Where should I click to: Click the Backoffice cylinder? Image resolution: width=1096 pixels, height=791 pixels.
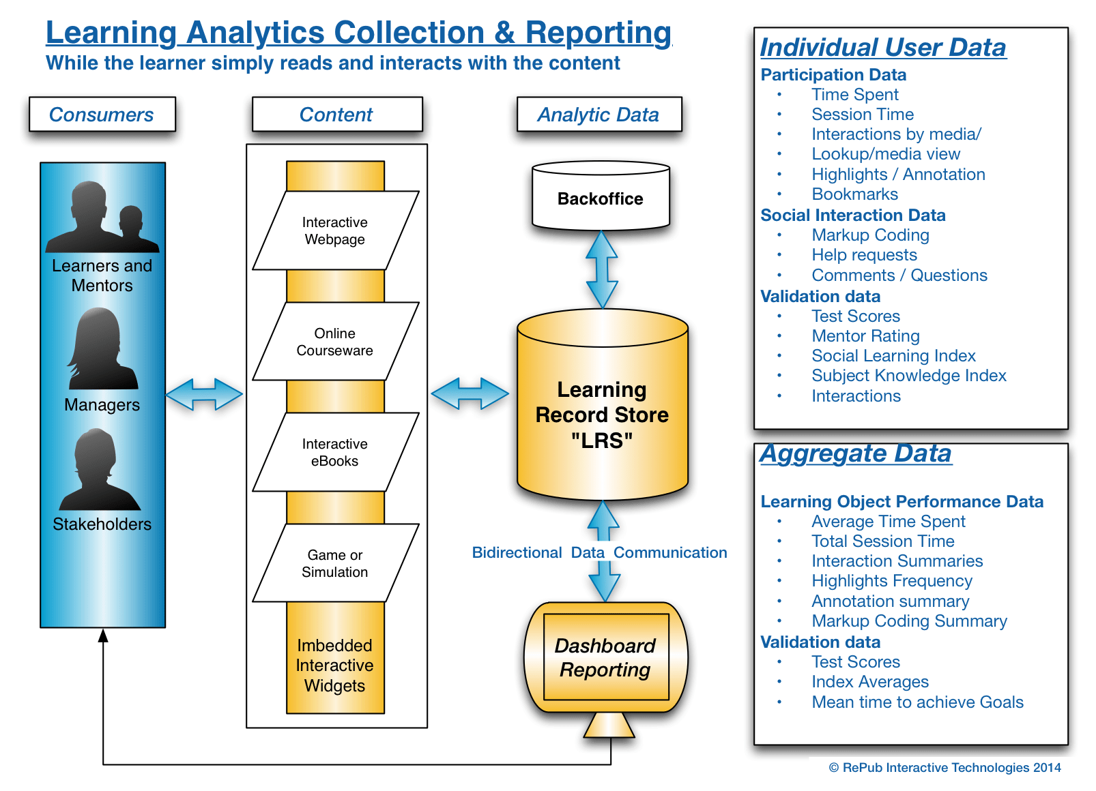pyautogui.click(x=601, y=196)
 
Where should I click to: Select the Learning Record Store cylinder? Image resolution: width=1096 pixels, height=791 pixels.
pyautogui.click(x=603, y=405)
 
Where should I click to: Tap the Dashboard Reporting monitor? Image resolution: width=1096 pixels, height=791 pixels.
pyautogui.click(x=606, y=669)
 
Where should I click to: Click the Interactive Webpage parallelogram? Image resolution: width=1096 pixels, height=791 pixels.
pyautogui.click(x=336, y=230)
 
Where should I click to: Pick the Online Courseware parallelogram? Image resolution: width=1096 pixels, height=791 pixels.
pyautogui.click(x=336, y=341)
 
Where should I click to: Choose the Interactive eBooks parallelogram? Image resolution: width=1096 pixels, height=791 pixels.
pyautogui.click(x=336, y=452)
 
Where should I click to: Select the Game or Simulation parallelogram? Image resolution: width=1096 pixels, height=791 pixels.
pyautogui.click(x=336, y=563)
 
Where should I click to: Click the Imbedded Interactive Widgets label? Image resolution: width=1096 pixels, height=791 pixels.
pyautogui.click(x=334, y=666)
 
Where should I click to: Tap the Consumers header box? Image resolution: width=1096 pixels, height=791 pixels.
pyautogui.click(x=102, y=115)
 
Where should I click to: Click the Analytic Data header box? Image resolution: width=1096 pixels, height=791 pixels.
pyautogui.click(x=599, y=115)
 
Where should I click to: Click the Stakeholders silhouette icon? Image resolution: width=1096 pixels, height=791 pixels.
pyautogui.click(x=100, y=469)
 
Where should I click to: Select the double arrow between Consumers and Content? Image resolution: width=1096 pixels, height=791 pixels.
pyautogui.click(x=204, y=394)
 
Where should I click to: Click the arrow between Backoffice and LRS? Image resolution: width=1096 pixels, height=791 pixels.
pyautogui.click(x=602, y=269)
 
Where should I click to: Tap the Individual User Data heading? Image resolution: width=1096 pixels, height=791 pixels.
pyautogui.click(x=883, y=48)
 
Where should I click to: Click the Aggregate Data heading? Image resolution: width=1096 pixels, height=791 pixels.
pyautogui.click(x=856, y=453)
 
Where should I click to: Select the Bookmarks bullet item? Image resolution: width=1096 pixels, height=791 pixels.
pyautogui.click(x=855, y=194)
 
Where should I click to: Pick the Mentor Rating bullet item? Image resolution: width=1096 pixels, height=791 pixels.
pyautogui.click(x=865, y=336)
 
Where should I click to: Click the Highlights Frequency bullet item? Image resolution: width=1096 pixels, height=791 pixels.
pyautogui.click(x=892, y=581)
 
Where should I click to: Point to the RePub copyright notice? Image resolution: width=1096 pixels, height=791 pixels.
pyautogui.click(x=944, y=768)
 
